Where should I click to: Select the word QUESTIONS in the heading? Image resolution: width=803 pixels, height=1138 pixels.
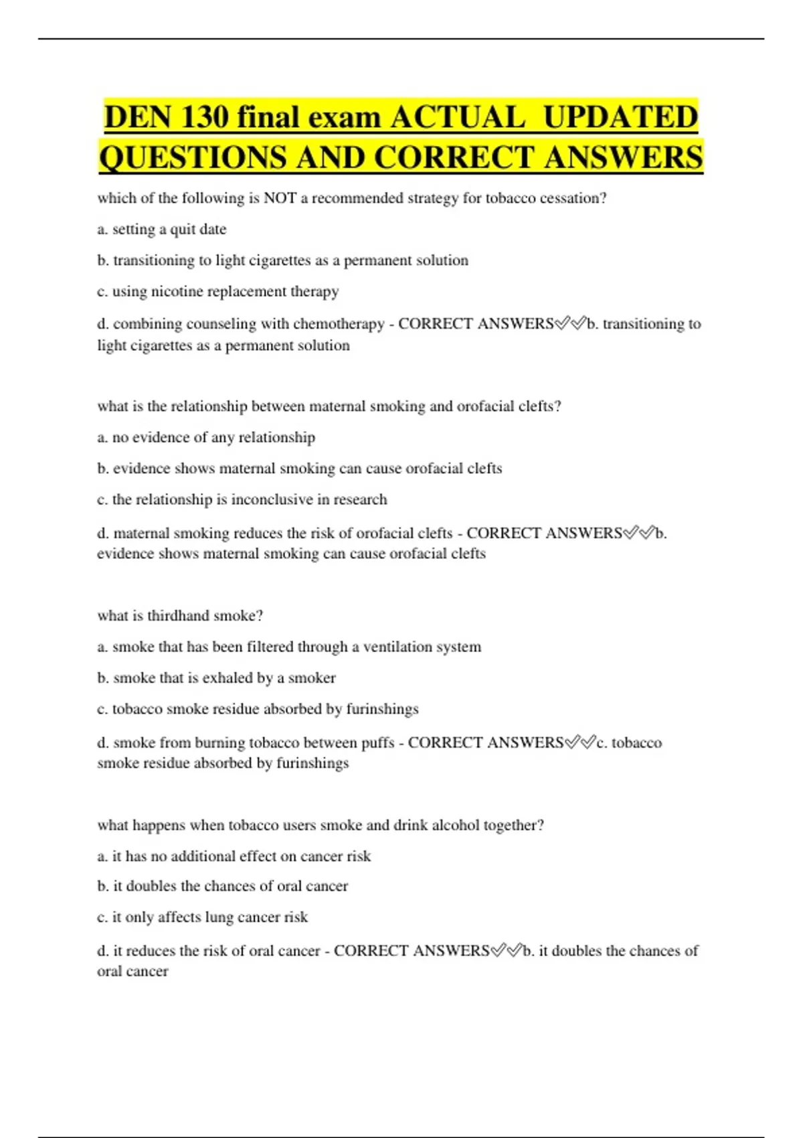pyautogui.click(x=193, y=158)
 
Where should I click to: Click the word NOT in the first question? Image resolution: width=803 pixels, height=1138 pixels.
pyautogui.click(x=280, y=198)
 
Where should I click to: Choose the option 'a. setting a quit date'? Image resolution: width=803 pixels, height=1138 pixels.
pyautogui.click(x=162, y=230)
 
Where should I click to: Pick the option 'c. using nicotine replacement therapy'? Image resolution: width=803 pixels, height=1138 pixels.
pyautogui.click(x=218, y=292)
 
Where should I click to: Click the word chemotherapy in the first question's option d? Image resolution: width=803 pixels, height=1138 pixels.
pyautogui.click(x=339, y=324)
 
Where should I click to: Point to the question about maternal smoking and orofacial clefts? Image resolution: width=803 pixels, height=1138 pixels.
pyautogui.click(x=329, y=406)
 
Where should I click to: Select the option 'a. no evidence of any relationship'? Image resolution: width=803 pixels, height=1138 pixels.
pyautogui.click(x=206, y=438)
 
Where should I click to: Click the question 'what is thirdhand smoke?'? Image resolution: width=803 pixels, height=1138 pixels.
pyautogui.click(x=180, y=616)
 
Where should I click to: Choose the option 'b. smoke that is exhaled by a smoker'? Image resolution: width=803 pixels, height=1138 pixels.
pyautogui.click(x=216, y=678)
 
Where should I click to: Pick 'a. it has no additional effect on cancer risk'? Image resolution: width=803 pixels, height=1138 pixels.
pyautogui.click(x=234, y=856)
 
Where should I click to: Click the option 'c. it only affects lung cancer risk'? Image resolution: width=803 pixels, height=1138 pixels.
pyautogui.click(x=202, y=918)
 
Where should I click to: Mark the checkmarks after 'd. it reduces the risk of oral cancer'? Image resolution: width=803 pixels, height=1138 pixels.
pyautogui.click(x=506, y=951)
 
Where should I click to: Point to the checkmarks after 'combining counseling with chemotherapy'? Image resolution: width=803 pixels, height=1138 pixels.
pyautogui.click(x=570, y=324)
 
